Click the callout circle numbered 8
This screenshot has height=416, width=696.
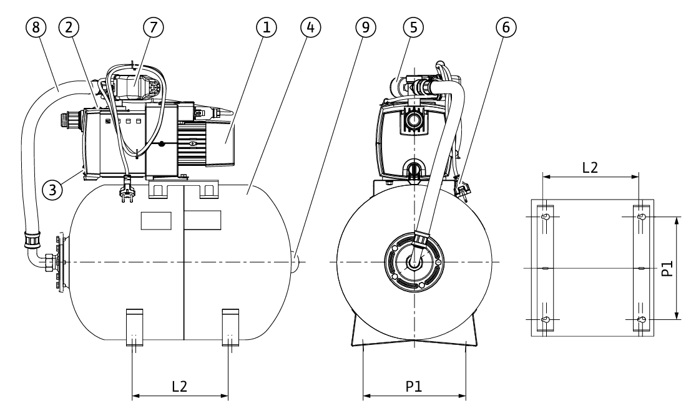point(36,27)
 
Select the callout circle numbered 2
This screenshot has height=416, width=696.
point(69,27)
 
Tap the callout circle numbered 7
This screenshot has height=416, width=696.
point(153,27)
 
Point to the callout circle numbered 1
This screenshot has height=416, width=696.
point(267,27)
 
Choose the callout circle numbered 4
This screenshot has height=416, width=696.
point(310,27)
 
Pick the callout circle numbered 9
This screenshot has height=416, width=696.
point(365,27)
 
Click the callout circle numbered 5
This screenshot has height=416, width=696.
point(413,27)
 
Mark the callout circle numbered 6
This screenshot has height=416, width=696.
point(506,27)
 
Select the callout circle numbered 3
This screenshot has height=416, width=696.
point(52,190)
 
